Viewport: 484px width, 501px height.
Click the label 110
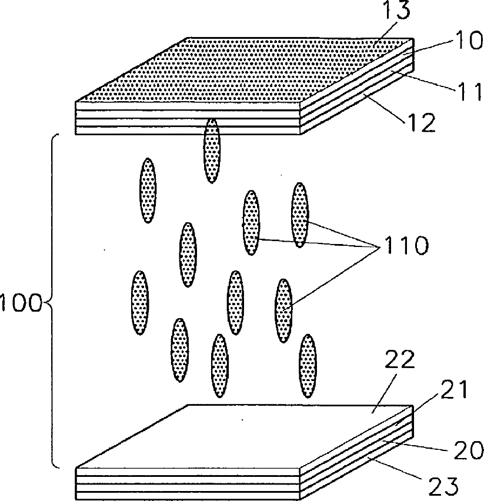point(396,245)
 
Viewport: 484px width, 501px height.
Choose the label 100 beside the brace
point(20,304)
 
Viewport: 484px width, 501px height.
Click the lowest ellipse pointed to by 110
point(283,309)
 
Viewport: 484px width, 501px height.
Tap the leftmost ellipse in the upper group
point(148,190)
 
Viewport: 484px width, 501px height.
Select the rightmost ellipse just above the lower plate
point(308,366)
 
